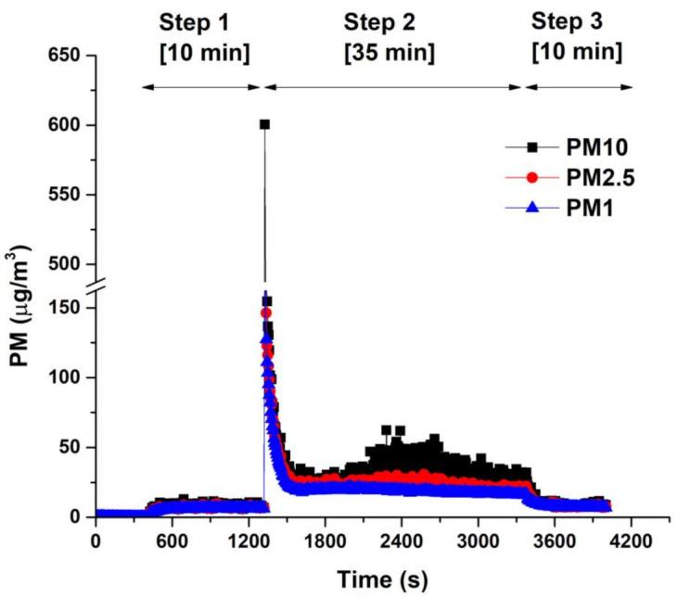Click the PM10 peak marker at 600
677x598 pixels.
pos(264,124)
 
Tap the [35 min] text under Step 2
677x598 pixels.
pos(390,54)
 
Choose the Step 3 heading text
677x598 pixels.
pos(576,21)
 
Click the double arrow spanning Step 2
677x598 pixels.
pos(393,87)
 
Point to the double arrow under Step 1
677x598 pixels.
pos(202,87)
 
